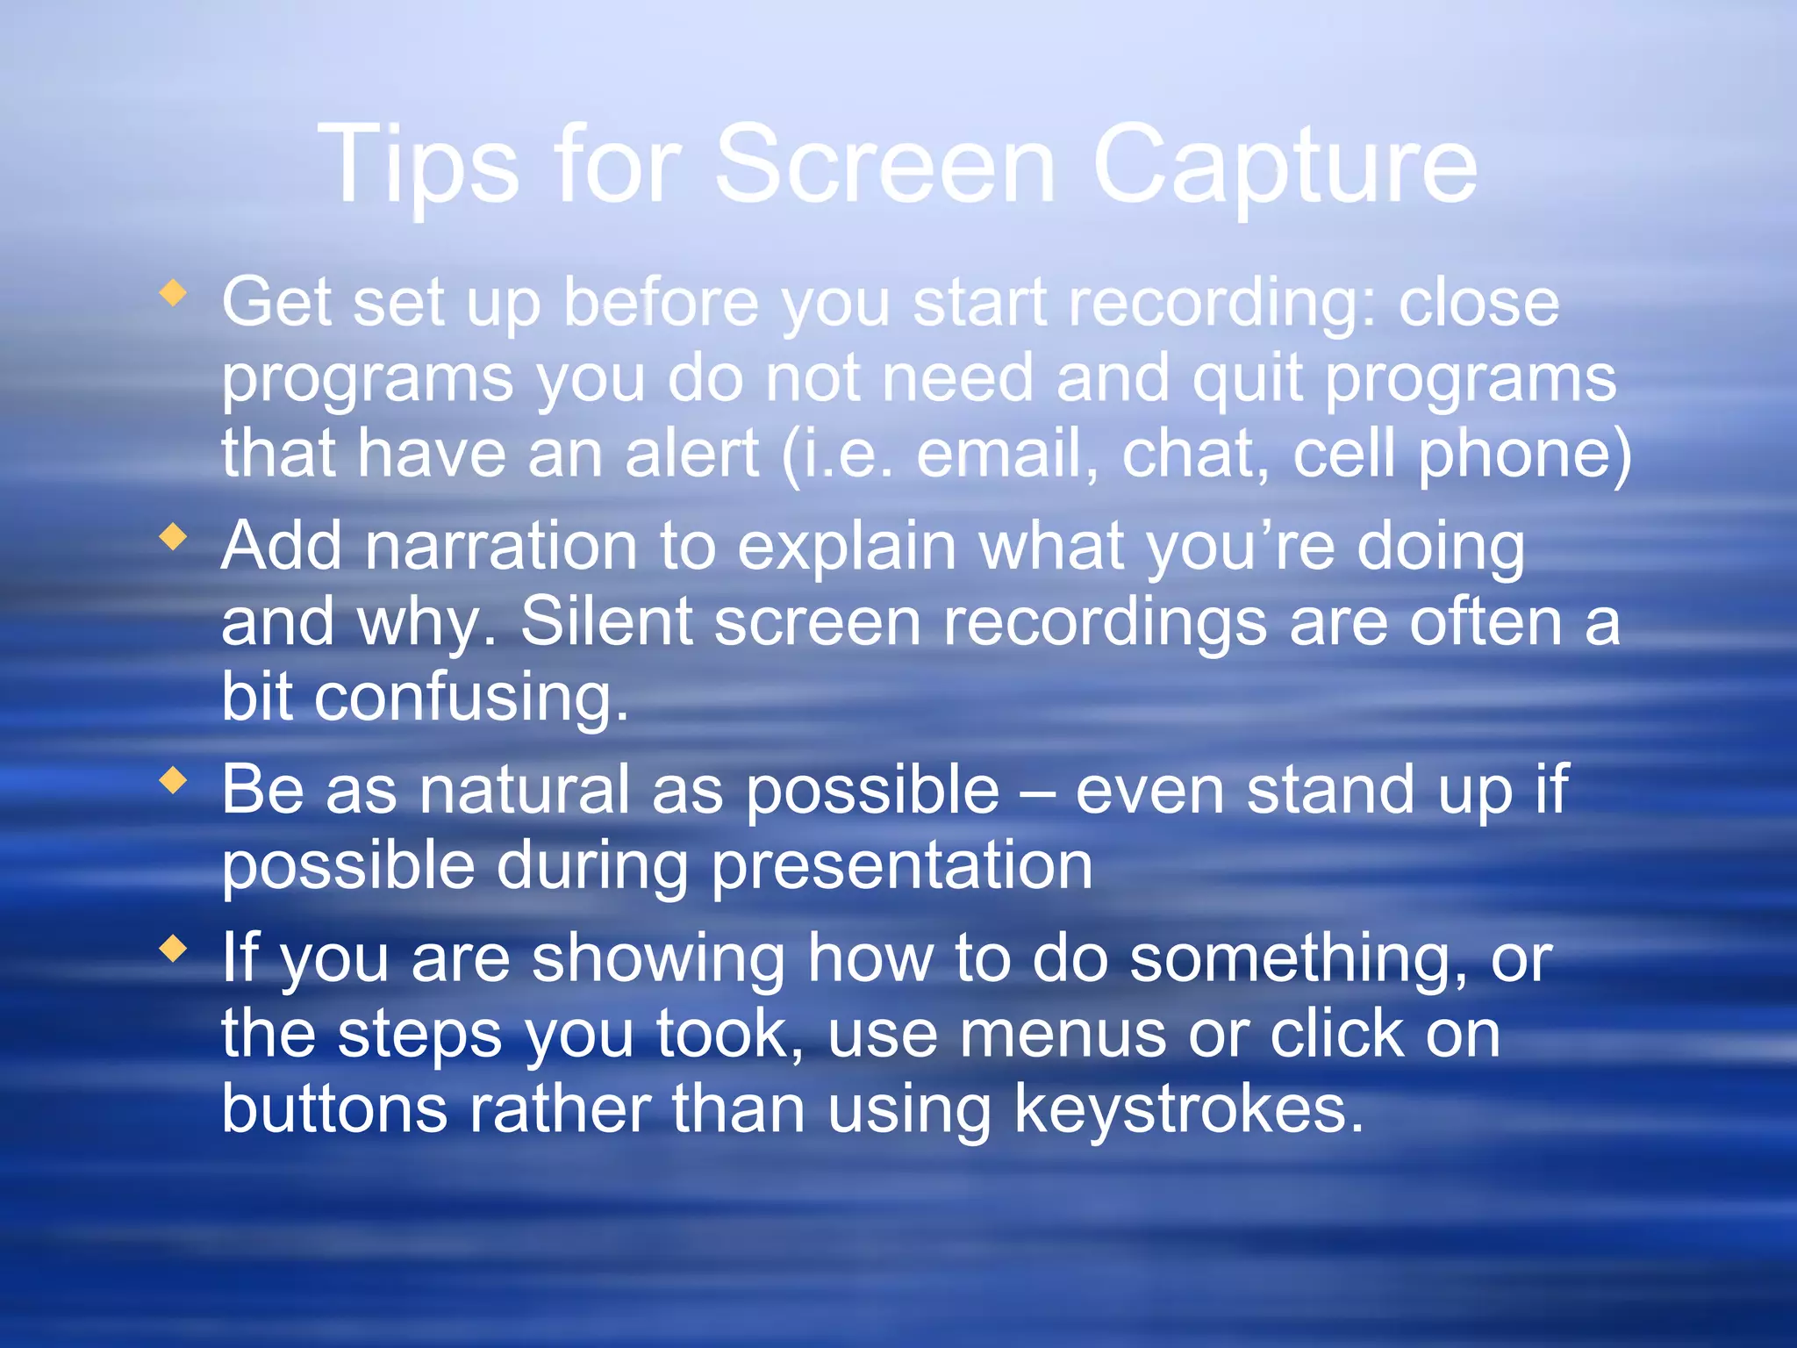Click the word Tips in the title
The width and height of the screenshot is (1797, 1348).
pyautogui.click(x=419, y=165)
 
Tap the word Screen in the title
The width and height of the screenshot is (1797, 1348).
pyautogui.click(x=886, y=165)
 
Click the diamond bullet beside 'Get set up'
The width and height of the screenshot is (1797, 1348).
pyautogui.click(x=174, y=293)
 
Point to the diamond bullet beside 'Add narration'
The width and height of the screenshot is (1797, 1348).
pyautogui.click(x=174, y=536)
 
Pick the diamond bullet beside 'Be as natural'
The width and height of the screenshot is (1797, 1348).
pyautogui.click(x=174, y=779)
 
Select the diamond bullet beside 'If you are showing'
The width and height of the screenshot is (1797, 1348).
pyautogui.click(x=174, y=948)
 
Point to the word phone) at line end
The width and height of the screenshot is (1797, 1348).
pyautogui.click(x=1525, y=456)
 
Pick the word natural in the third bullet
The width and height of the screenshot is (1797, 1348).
pyautogui.click(x=525, y=790)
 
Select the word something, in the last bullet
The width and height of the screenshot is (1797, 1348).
pyautogui.click(x=1298, y=960)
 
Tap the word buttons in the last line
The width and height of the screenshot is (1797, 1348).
pyautogui.click(x=334, y=1109)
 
